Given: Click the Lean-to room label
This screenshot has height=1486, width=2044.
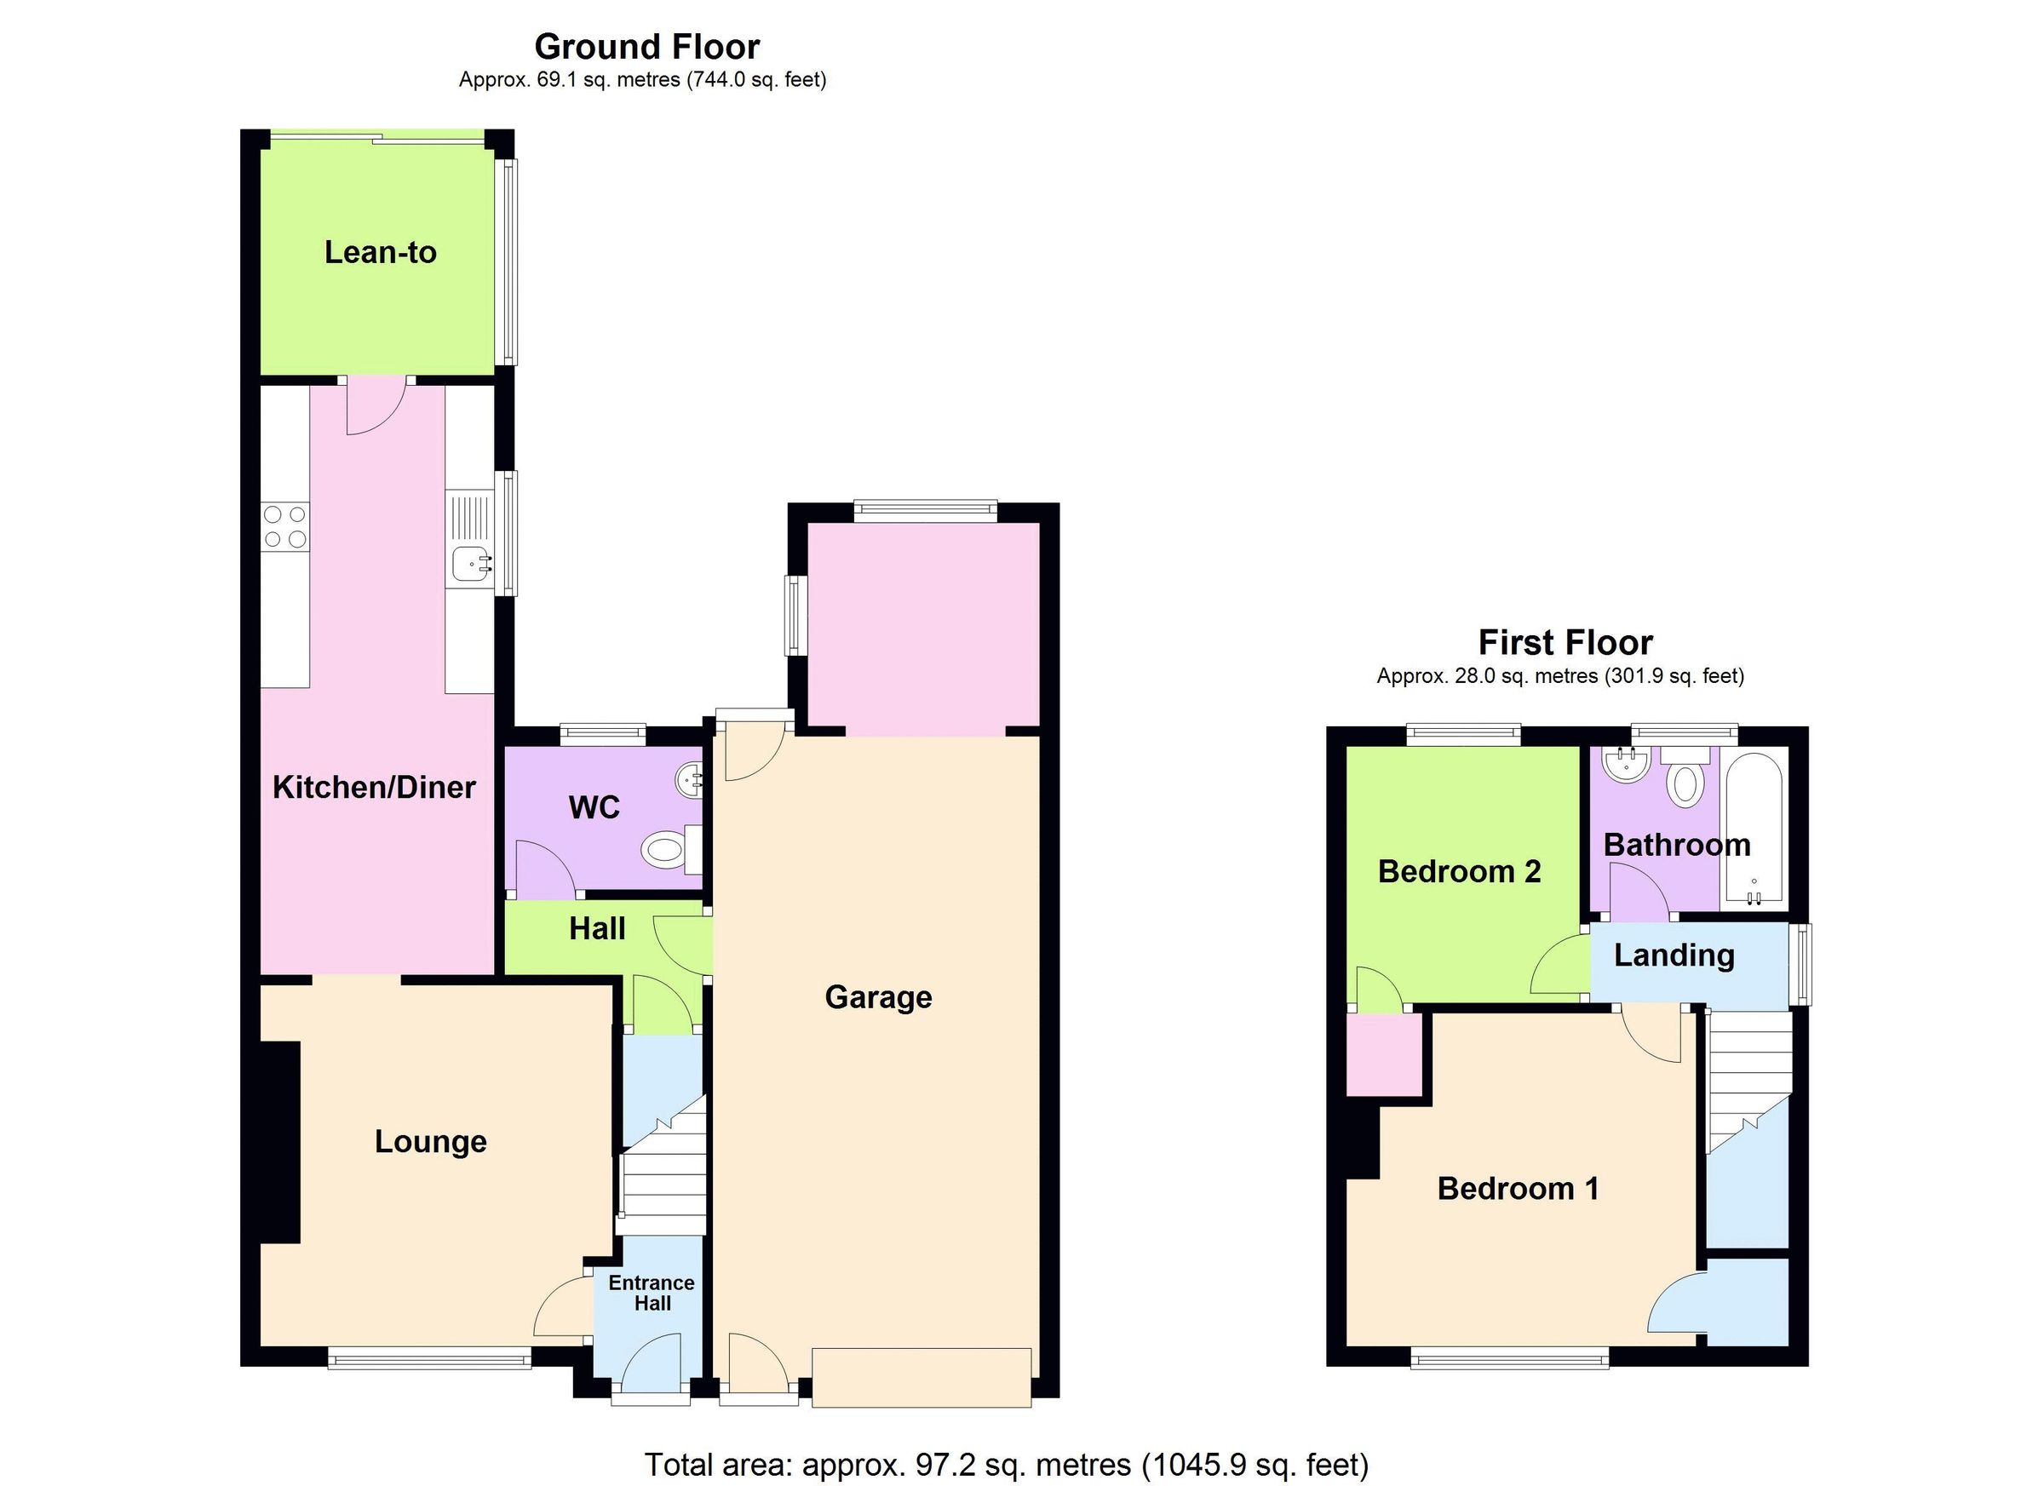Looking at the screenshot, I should pyautogui.click(x=381, y=252).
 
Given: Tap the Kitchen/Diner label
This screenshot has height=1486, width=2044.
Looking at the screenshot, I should pyautogui.click(x=374, y=788).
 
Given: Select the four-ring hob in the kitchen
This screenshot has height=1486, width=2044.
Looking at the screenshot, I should pyautogui.click(x=284, y=527).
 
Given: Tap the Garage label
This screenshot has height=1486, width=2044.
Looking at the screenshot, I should pyautogui.click(x=878, y=997).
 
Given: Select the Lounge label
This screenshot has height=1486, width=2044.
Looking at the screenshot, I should pyautogui.click(x=431, y=1142).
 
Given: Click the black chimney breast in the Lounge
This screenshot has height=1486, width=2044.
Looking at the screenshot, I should pyautogui.click(x=280, y=1143).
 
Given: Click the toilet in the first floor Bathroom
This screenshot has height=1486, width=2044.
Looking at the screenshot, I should pyautogui.click(x=1684, y=780).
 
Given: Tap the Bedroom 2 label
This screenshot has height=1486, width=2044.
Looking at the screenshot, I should pyautogui.click(x=1459, y=871).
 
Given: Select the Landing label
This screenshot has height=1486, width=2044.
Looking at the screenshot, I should pyautogui.click(x=1674, y=955).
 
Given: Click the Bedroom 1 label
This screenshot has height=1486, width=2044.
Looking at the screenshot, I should pyautogui.click(x=1518, y=1189).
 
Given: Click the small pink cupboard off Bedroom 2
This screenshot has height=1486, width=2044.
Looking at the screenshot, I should pyautogui.click(x=1384, y=1054).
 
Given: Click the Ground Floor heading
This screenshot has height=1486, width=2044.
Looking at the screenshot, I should pyautogui.click(x=647, y=46).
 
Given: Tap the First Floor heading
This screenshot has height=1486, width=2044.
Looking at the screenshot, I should pyautogui.click(x=1565, y=643).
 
